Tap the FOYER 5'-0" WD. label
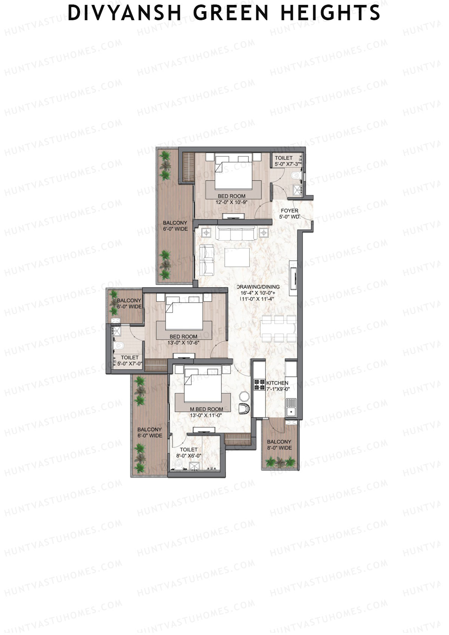(289, 214)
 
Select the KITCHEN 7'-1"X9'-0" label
(277, 386)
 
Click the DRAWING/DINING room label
(258, 293)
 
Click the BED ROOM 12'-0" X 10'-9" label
(232, 199)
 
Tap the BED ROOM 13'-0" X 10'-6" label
(183, 339)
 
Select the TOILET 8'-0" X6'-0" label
(189, 453)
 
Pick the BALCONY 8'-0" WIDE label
(279, 445)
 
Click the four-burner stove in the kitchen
(259, 385)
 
